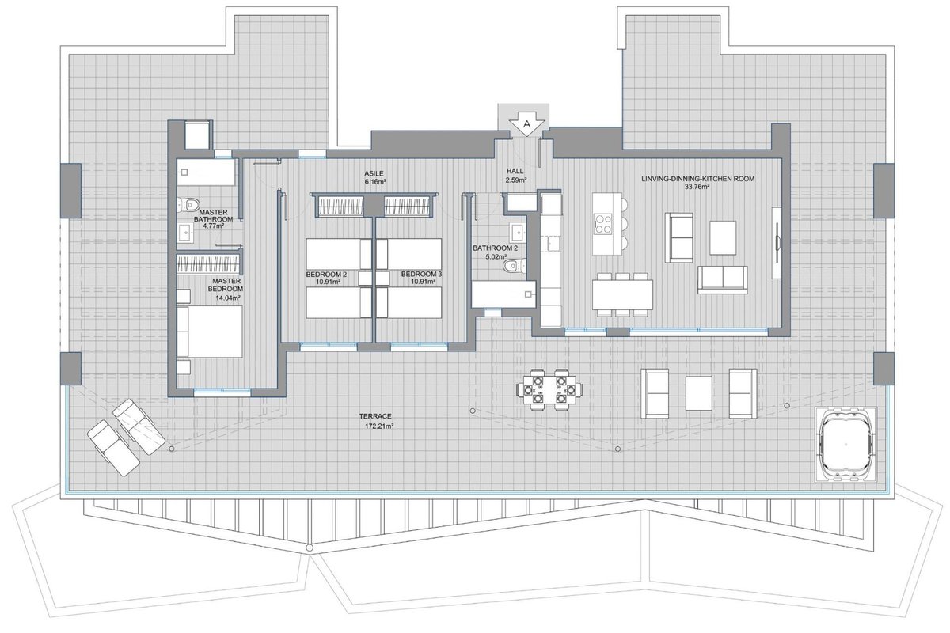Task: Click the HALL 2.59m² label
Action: coord(515,175)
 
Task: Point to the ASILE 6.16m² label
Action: coord(374,177)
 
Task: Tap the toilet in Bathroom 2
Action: coord(515,265)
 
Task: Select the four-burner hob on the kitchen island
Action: coord(602,223)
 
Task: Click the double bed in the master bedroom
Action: coord(209,331)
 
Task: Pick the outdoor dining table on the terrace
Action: coord(549,389)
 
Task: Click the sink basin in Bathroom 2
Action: coord(518,232)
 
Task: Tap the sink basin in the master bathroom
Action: coord(185,232)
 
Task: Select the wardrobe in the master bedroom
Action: coord(209,263)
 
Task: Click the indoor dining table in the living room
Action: coord(622,294)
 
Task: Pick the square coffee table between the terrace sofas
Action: coord(698,393)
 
